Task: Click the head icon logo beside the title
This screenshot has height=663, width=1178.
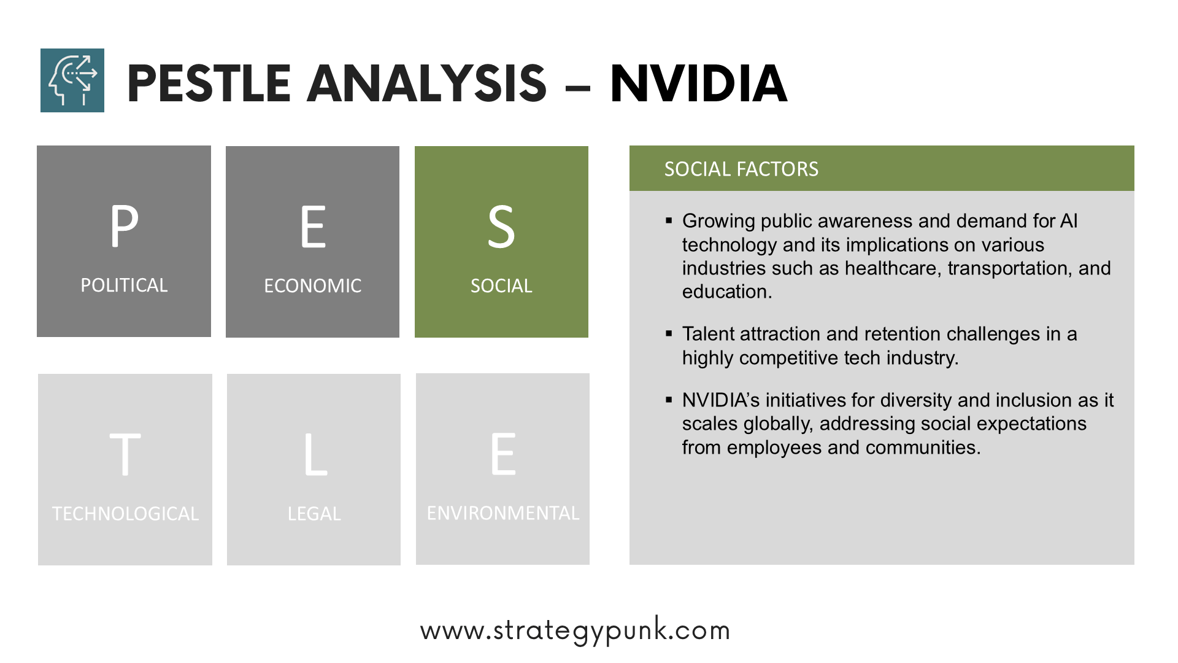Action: click(x=72, y=80)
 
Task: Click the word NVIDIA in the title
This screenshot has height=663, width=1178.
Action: click(x=699, y=83)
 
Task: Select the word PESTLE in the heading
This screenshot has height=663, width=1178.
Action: click(x=209, y=83)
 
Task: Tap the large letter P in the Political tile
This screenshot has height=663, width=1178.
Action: click(x=124, y=226)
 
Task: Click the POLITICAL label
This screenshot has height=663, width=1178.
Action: click(x=124, y=285)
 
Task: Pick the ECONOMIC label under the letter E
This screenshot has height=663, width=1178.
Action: click(x=313, y=286)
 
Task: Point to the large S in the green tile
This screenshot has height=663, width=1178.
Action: click(x=501, y=227)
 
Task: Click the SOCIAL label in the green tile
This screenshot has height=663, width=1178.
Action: click(x=501, y=286)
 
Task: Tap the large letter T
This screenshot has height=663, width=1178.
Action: click(x=125, y=454)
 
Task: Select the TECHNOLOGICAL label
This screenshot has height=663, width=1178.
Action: click(x=125, y=514)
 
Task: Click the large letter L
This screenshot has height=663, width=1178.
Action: click(x=315, y=454)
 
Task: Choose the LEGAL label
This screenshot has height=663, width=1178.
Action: click(x=314, y=514)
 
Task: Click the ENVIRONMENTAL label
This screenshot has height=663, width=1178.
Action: click(x=503, y=513)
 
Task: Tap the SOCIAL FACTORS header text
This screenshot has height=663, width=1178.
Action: click(x=741, y=169)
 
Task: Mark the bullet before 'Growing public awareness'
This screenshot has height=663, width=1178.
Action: click(x=669, y=220)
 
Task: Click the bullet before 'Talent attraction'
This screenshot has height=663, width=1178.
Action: click(x=669, y=333)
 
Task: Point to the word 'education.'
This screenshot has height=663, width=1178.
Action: click(x=727, y=292)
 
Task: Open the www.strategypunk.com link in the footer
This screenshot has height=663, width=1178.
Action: click(x=575, y=630)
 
